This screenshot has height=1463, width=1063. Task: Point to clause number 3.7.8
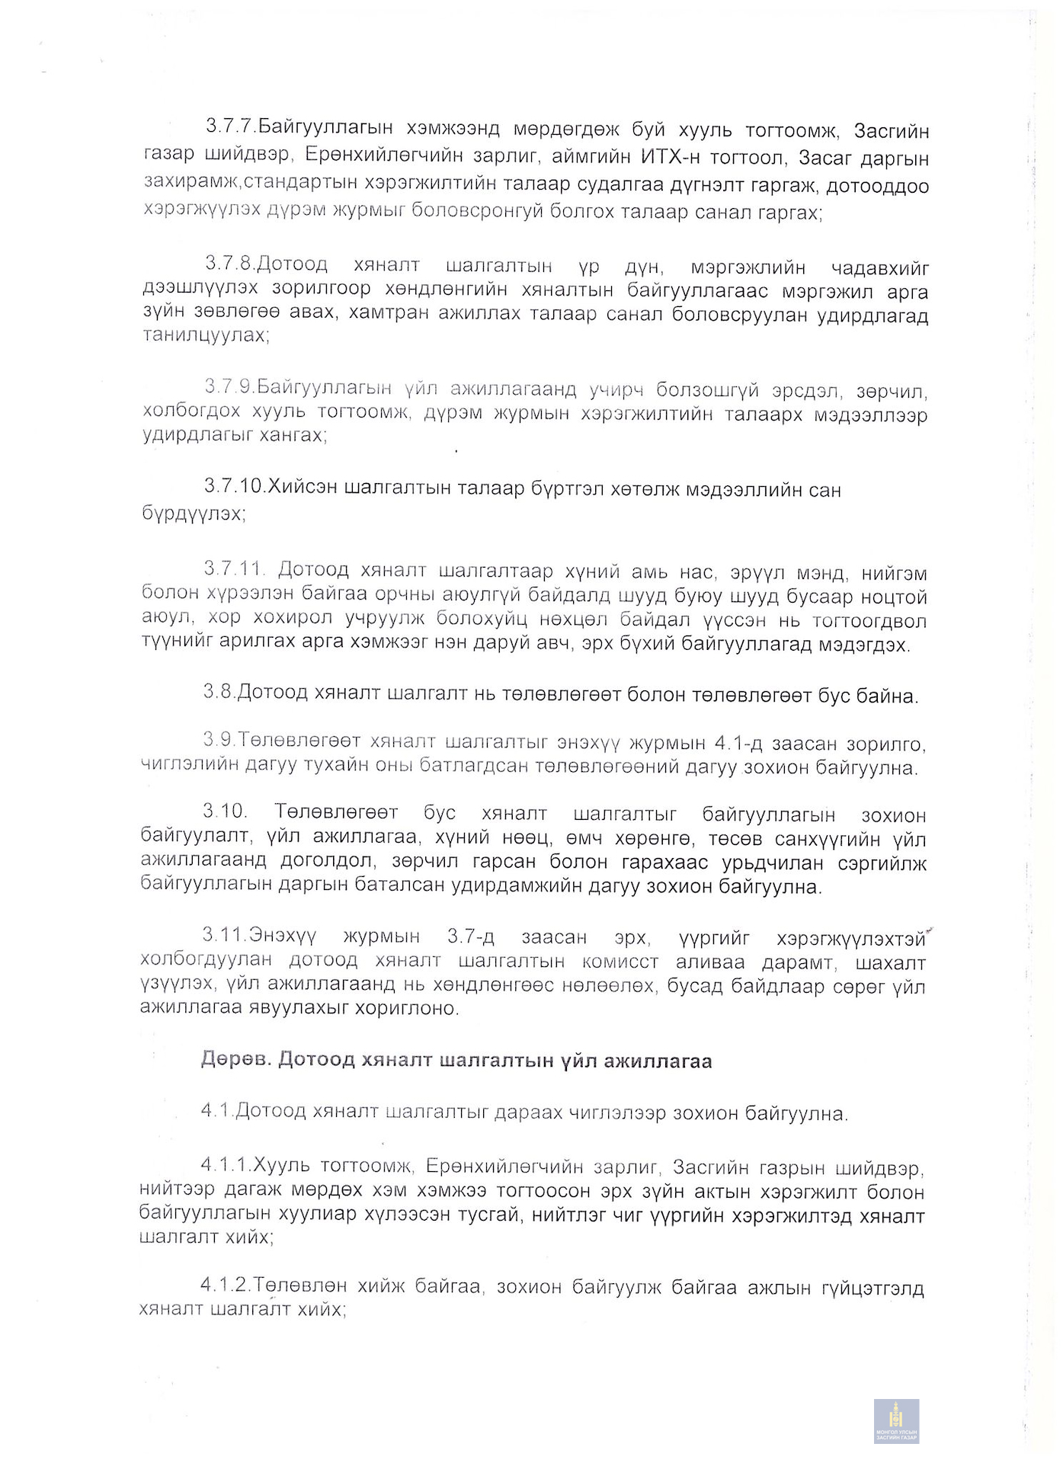pos(229,264)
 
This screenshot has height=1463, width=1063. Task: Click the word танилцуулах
pos(205,335)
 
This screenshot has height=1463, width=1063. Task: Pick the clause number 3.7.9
pos(229,387)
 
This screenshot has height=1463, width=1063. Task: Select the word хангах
pos(293,435)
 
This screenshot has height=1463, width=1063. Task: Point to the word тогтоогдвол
pos(869,620)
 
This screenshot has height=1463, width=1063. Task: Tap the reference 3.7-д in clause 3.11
pos(473,936)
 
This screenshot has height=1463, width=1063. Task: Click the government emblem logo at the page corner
pos(896,1421)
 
